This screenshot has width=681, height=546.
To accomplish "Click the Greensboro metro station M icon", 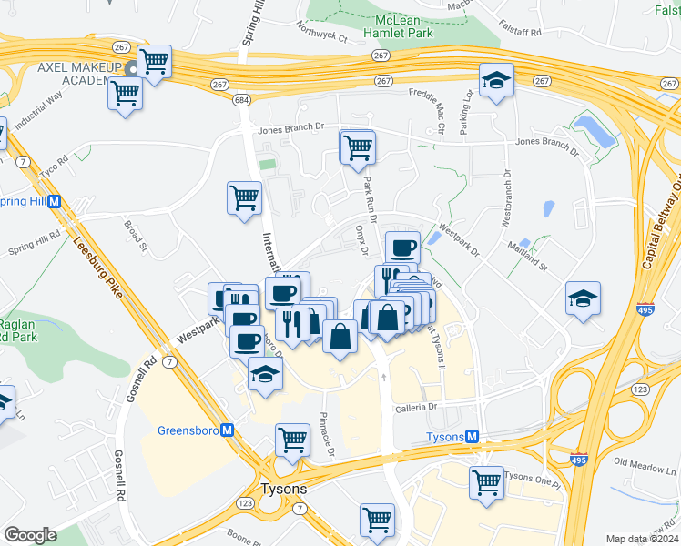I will [x=228, y=430].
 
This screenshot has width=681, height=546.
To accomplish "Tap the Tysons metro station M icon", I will [x=473, y=437].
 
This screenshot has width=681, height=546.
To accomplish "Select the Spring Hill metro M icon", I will [x=55, y=201].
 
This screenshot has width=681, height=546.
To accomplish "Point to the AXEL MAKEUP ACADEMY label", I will [x=79, y=76].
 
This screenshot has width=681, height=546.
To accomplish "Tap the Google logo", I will [x=30, y=535].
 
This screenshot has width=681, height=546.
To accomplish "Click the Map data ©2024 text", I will [x=642, y=539].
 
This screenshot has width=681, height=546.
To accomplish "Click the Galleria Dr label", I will [x=417, y=408].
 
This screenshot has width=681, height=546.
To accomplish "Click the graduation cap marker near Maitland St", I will [x=583, y=298].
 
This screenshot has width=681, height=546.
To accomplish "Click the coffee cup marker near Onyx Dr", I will [x=402, y=246].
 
